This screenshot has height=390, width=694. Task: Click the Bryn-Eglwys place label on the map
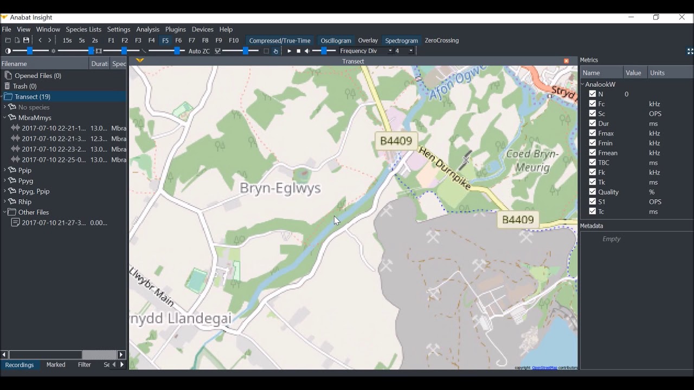(x=280, y=188)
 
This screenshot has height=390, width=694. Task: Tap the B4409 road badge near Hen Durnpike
(x=396, y=141)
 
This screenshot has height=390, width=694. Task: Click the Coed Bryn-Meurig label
(x=532, y=160)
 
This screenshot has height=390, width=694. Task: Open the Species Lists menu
(x=83, y=29)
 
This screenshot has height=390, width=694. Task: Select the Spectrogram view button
(x=401, y=41)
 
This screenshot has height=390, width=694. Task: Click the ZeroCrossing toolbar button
(x=441, y=41)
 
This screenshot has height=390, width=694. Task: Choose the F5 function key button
(x=165, y=41)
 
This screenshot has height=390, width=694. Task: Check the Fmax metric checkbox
(x=593, y=133)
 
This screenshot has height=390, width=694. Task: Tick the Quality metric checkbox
(x=593, y=192)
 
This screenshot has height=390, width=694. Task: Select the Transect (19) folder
(x=33, y=97)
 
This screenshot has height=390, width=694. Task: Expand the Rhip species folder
(x=5, y=202)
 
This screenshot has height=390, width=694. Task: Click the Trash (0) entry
(x=24, y=86)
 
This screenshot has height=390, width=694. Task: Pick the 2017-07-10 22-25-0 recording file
(x=54, y=160)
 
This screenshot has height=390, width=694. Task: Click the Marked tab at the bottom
(x=56, y=365)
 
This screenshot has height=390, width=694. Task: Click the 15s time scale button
(x=67, y=41)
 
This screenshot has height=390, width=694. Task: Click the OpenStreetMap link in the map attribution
(x=544, y=368)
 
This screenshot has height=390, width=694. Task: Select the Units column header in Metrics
(x=657, y=73)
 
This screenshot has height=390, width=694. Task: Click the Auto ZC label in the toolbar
(x=199, y=51)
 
